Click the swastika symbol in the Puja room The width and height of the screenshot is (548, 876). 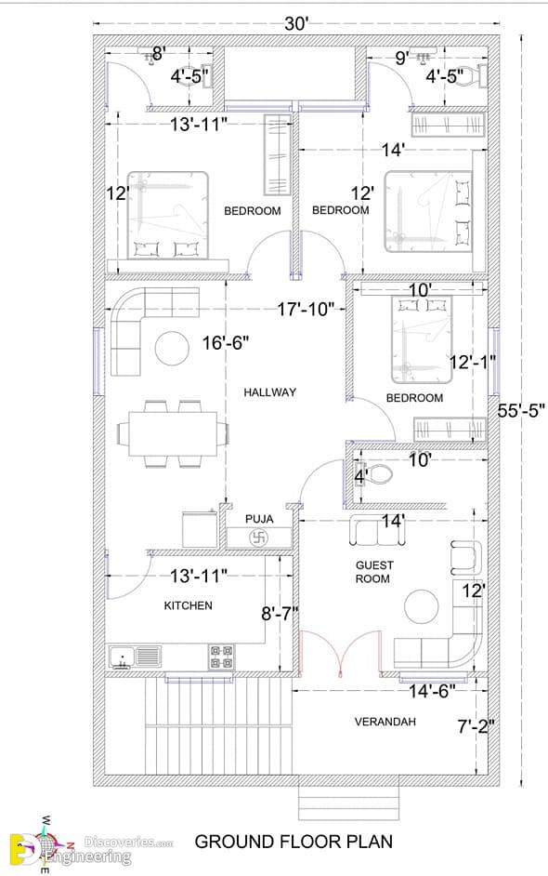click(x=259, y=538)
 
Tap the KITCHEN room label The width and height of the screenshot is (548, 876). click(x=188, y=605)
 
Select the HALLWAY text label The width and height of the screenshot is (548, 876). click(x=269, y=392)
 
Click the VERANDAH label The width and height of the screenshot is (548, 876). click(x=385, y=722)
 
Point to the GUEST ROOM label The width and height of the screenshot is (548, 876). click(x=374, y=572)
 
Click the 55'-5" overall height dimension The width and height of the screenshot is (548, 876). click(x=521, y=411)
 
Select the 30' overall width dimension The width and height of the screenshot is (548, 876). click(x=297, y=24)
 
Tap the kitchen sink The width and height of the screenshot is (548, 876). click(x=135, y=657)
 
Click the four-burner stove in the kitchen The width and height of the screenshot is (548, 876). click(x=222, y=657)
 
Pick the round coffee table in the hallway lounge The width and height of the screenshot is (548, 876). click(x=172, y=348)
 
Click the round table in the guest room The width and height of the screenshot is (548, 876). click(x=422, y=606)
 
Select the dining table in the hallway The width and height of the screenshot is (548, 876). click(x=173, y=434)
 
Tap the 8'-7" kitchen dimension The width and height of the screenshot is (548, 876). click(x=281, y=614)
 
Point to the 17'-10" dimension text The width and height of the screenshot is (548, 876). click(x=306, y=309)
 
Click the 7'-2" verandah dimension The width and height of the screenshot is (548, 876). click(x=476, y=726)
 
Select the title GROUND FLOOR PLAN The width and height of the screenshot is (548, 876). click(x=294, y=842)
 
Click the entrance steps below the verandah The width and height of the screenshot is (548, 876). click(x=349, y=803)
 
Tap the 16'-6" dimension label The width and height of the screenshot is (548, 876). click(x=226, y=342)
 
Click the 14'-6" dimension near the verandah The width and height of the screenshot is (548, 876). click(x=432, y=692)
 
